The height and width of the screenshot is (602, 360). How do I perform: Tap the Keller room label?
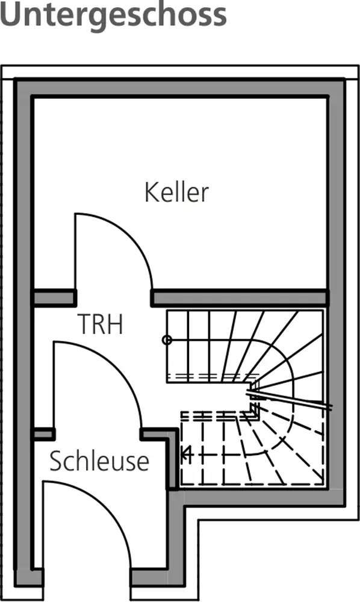pyautogui.click(x=176, y=192)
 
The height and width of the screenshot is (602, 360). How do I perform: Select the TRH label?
pyautogui.click(x=101, y=324)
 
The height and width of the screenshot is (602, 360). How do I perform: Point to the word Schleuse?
pyautogui.click(x=99, y=461)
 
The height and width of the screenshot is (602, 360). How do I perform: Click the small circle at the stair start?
pyautogui.click(x=167, y=340)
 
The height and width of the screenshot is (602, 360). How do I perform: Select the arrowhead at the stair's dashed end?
pyautogui.click(x=187, y=455)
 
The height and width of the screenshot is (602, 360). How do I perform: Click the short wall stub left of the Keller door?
pyautogui.click(x=54, y=298)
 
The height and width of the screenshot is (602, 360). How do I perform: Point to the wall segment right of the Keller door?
pyautogui.click(x=240, y=298)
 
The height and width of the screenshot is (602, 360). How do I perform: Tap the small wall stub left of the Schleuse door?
pyautogui.click(x=44, y=434)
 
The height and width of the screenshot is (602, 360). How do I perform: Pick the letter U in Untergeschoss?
pyautogui.click(x=12, y=14)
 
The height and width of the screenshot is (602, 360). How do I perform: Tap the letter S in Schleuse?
pyautogui.click(x=56, y=461)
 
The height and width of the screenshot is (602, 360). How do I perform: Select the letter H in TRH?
pyautogui.click(x=116, y=324)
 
